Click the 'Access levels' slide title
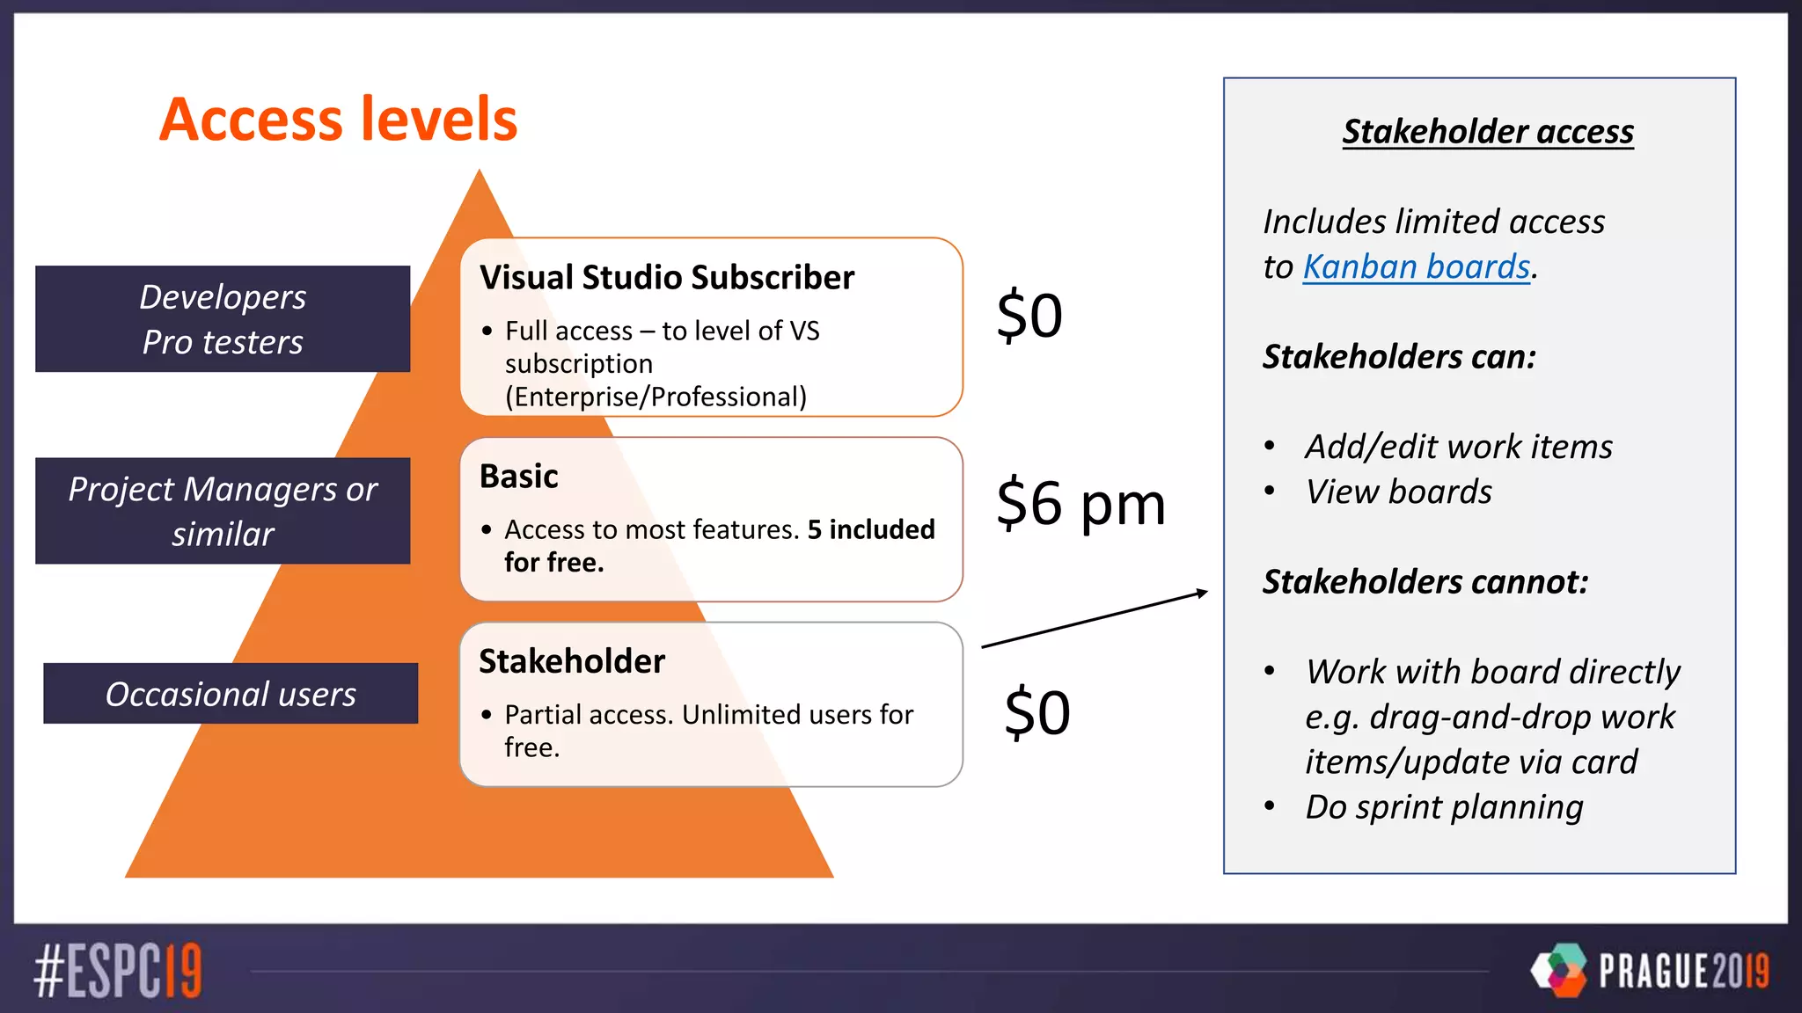339,120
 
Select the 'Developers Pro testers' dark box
223,319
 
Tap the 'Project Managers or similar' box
223,511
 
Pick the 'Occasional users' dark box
231,694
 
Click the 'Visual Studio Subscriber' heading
667,278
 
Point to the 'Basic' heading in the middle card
519,477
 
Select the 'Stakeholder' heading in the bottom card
572,661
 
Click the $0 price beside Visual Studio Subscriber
1029,316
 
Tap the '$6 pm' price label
1080,504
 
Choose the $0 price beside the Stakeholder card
1037,712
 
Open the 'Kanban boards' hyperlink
1417,266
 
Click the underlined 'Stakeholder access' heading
1488,132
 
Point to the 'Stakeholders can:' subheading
1399,357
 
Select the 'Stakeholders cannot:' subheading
1425,582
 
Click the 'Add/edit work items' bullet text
1459,447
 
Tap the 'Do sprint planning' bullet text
1444,807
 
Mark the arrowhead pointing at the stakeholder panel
1203,594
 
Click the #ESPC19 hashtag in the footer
118,971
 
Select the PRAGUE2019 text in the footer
1683,971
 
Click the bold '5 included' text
871,529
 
